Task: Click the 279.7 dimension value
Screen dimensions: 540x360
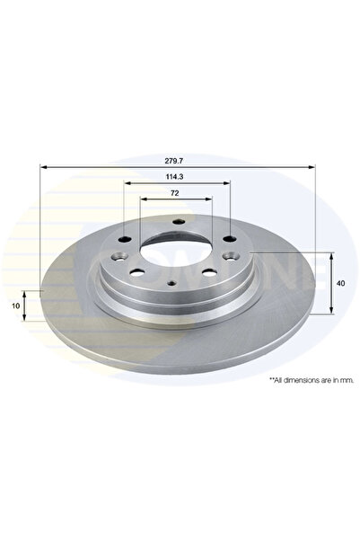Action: (177, 158)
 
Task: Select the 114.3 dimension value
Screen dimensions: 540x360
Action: (177, 177)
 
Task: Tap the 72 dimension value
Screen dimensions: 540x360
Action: (177, 195)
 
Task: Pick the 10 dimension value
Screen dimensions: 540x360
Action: (15, 306)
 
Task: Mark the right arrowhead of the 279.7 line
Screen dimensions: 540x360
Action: (312, 167)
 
